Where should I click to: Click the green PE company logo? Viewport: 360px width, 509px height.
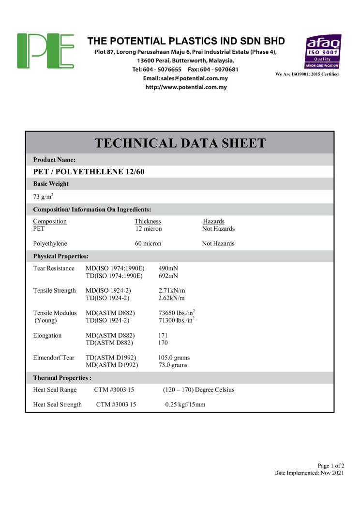point(45,51)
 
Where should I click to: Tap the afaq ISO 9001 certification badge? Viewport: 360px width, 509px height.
point(322,51)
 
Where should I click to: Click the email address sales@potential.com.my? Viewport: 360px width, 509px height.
point(185,78)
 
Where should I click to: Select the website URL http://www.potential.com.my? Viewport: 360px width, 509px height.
point(186,88)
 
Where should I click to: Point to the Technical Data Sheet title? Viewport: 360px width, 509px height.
point(180,143)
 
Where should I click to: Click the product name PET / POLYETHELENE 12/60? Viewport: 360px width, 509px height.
point(89,172)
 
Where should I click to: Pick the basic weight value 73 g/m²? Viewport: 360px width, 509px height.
point(44,196)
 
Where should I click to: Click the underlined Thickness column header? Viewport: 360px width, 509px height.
point(148,221)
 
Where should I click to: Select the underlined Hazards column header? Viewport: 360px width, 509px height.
point(213,221)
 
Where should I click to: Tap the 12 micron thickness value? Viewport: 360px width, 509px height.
point(149,229)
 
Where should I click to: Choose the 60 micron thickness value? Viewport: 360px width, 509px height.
point(148,243)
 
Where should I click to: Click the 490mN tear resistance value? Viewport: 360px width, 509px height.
point(168,268)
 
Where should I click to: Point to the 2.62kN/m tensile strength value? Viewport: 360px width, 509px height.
point(171,298)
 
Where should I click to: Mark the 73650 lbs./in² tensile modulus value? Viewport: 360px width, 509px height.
point(177,313)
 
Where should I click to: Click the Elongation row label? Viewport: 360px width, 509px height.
point(47,335)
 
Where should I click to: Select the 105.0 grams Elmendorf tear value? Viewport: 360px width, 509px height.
point(174,358)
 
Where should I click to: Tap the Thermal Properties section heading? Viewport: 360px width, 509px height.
point(62,377)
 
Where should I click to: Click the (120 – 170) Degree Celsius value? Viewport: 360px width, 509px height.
point(198,389)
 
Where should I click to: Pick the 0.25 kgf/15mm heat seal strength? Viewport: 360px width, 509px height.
point(185,404)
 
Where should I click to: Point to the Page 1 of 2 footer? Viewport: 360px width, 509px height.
point(330,465)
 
